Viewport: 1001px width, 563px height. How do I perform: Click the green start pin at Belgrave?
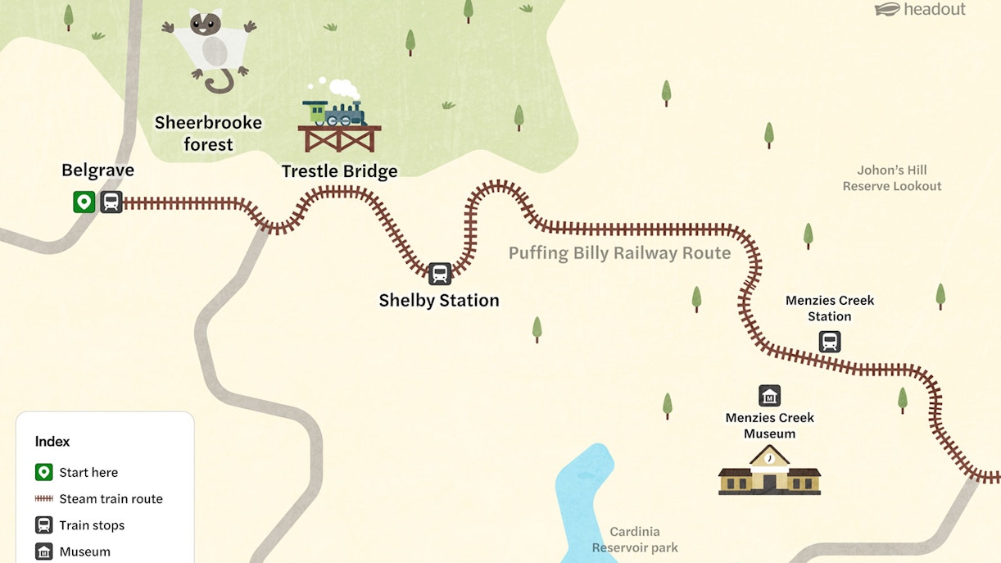pyautogui.click(x=84, y=202)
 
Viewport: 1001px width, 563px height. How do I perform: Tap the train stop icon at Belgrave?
pyautogui.click(x=111, y=202)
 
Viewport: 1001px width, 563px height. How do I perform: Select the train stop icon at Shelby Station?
pyautogui.click(x=440, y=274)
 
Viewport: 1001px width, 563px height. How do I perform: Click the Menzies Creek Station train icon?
pyautogui.click(x=830, y=342)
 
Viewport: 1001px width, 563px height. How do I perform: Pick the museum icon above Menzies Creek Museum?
pyautogui.click(x=769, y=396)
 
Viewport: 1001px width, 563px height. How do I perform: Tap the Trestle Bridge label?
pyautogui.click(x=339, y=171)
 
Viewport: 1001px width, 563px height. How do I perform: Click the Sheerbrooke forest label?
pyautogui.click(x=208, y=134)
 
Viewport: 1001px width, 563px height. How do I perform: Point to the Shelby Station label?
pyautogui.click(x=438, y=301)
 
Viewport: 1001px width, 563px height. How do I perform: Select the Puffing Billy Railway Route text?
pyautogui.click(x=619, y=253)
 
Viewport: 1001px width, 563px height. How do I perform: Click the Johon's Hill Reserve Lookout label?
pyautogui.click(x=892, y=178)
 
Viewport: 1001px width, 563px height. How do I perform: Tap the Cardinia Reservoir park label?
pyautogui.click(x=635, y=539)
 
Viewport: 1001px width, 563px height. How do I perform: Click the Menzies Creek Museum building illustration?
pyautogui.click(x=769, y=472)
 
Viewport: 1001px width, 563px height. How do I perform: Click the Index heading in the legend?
pyautogui.click(x=52, y=442)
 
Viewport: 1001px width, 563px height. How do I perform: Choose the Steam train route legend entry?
pyautogui.click(x=111, y=499)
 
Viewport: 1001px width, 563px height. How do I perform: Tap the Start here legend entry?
pyautogui.click(x=88, y=473)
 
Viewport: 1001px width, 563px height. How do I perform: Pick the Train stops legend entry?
pyautogui.click(x=92, y=525)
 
